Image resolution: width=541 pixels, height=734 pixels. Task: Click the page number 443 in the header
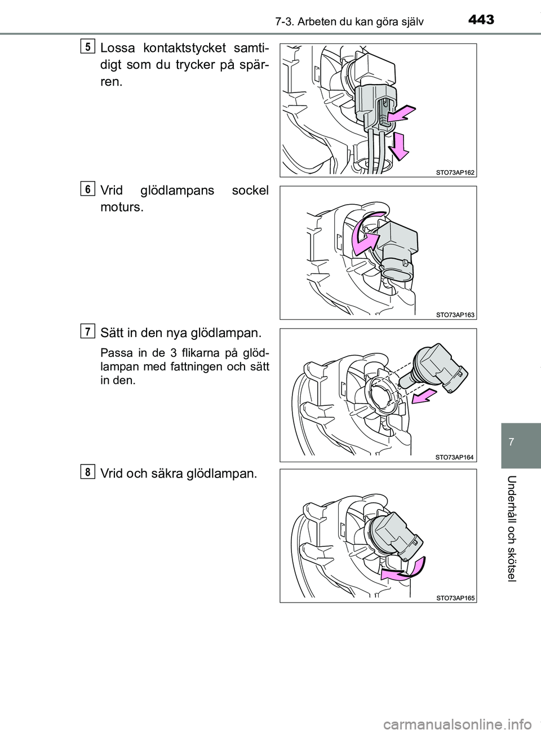point(481,20)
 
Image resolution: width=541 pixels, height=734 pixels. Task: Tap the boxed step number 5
point(87,46)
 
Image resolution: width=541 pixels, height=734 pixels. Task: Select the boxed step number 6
point(87,189)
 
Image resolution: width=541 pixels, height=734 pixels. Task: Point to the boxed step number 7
point(87,330)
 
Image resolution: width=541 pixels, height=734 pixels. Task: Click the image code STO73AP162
point(455,173)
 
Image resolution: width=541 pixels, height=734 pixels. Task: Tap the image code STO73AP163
point(455,315)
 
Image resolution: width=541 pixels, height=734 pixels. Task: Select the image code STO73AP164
point(455,457)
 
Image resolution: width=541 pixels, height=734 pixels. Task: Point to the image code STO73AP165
point(455,598)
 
